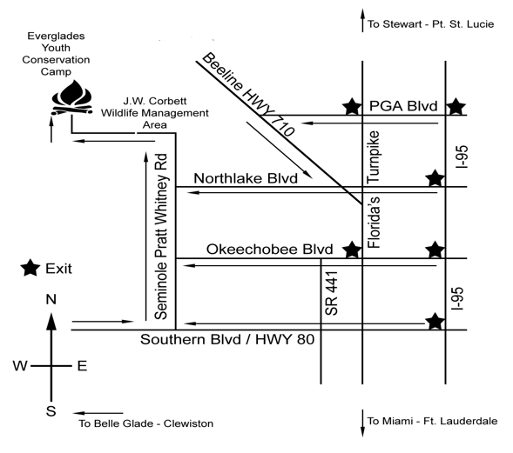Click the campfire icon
[72, 98]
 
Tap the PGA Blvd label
[403, 106]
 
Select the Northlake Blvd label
[246, 178]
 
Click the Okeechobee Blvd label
[270, 250]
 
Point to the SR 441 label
[332, 293]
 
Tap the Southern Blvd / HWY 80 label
[227, 340]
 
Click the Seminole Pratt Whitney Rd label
[161, 236]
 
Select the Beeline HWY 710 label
[248, 94]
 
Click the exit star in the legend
[30, 268]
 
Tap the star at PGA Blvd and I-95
[456, 106]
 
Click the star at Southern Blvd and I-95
[435, 322]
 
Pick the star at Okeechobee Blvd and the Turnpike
[352, 250]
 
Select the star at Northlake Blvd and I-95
[435, 178]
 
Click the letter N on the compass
[51, 299]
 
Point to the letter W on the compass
[20, 366]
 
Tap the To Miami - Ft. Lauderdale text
[432, 421]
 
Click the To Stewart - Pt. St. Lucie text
[430, 24]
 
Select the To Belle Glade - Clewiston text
[146, 423]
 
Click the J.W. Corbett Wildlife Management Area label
[155, 113]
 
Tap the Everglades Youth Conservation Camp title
[56, 54]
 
